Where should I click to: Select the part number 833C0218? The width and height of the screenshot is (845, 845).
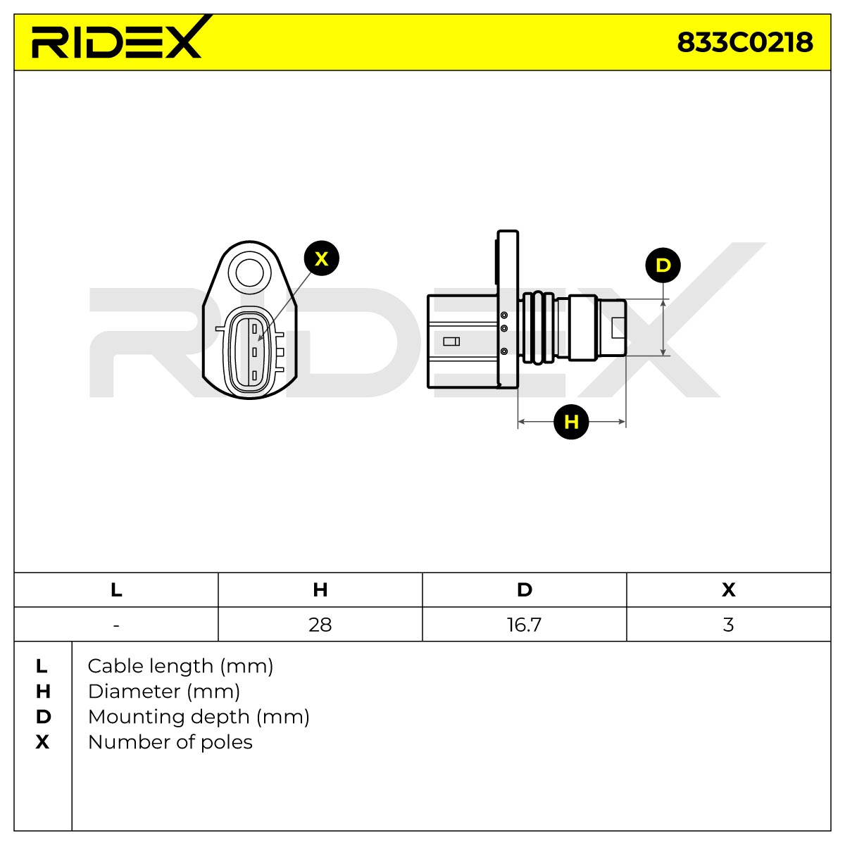pyautogui.click(x=744, y=42)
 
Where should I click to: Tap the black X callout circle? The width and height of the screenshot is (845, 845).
pyautogui.click(x=321, y=258)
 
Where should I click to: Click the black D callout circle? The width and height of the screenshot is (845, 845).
pyautogui.click(x=663, y=265)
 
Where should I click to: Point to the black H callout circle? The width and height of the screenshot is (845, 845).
pyautogui.click(x=571, y=422)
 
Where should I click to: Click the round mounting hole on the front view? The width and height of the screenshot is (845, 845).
pyautogui.click(x=249, y=273)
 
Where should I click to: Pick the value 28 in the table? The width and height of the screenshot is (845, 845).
pyautogui.click(x=320, y=625)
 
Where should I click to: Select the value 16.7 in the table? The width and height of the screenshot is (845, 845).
pyautogui.click(x=524, y=625)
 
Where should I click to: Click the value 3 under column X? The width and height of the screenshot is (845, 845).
pyautogui.click(x=728, y=625)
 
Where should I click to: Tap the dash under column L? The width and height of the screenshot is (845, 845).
pyautogui.click(x=115, y=625)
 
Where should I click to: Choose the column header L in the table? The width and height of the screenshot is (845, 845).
pyautogui.click(x=116, y=590)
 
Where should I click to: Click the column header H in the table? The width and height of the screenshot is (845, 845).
pyautogui.click(x=320, y=590)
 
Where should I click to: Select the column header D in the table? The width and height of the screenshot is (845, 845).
pyautogui.click(x=525, y=590)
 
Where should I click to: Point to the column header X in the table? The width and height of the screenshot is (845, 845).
pyautogui.click(x=728, y=590)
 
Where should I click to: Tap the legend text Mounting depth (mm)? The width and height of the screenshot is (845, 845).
pyautogui.click(x=199, y=718)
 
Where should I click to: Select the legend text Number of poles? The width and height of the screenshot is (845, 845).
pyautogui.click(x=170, y=743)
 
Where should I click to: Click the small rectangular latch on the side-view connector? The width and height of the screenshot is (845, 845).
pyautogui.click(x=451, y=342)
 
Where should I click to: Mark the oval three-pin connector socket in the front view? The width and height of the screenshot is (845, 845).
pyautogui.click(x=249, y=352)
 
